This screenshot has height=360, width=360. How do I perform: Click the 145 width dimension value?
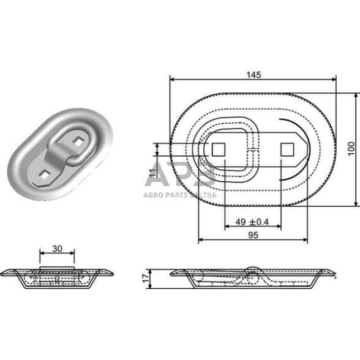pyautogui.click(x=254, y=75)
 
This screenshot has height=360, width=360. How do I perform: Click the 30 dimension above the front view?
pyautogui.click(x=57, y=248)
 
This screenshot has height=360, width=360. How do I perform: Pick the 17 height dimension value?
pyautogui.click(x=144, y=279)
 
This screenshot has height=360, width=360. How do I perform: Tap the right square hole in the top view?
pyautogui.click(x=285, y=149)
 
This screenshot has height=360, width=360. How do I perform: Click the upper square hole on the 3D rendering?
pyautogui.click(x=77, y=142)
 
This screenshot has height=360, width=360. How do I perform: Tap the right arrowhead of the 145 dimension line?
pyautogui.click(x=334, y=80)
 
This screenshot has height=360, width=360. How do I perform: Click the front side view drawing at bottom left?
pyautogui.click(x=57, y=277)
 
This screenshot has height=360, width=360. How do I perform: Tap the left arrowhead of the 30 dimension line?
pyautogui.click(x=42, y=253)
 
